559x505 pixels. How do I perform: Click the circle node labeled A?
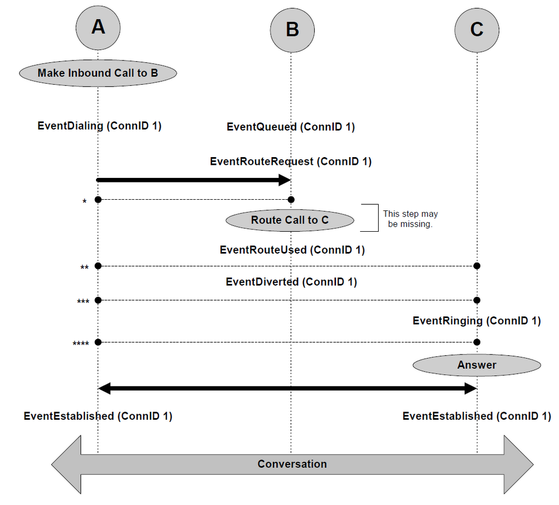tap(98, 28)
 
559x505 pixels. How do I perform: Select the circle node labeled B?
tap(292, 30)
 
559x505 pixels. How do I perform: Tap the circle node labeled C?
tap(477, 30)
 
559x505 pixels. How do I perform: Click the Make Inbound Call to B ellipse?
tap(98, 73)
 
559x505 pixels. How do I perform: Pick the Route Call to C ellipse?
tap(290, 221)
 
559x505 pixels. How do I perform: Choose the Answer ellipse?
tap(477, 365)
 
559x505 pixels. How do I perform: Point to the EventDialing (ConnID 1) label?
tap(99, 126)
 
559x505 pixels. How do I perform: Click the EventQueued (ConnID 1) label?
tap(291, 127)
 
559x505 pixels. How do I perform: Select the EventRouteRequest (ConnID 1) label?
tap(291, 162)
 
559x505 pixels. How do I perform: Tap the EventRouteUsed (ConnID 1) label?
tap(292, 250)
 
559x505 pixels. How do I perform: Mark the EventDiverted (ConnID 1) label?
tap(292, 282)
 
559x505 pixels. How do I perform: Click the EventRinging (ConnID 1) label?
tap(477, 320)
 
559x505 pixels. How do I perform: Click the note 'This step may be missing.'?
tap(410, 219)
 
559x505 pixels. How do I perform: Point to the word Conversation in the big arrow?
tap(292, 464)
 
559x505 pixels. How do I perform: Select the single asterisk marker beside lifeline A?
tap(84, 201)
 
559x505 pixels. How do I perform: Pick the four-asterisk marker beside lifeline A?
tap(81, 343)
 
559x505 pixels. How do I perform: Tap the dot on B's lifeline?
tap(291, 199)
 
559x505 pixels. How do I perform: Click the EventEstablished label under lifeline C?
tap(477, 416)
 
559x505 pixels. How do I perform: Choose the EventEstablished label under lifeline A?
tap(98, 416)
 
